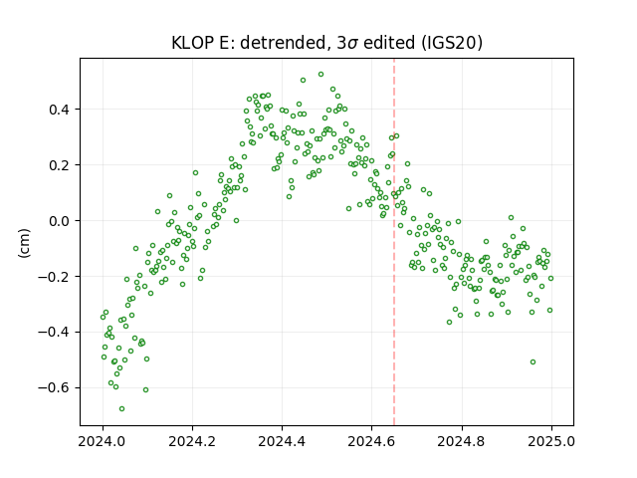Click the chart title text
pyautogui.click(x=326, y=43)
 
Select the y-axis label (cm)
pyautogui.click(x=24, y=243)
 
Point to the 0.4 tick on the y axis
pyautogui.click(x=60, y=110)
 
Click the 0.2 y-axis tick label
pyautogui.click(x=60, y=165)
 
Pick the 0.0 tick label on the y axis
pyautogui.click(x=60, y=221)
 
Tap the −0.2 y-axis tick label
pyautogui.click(x=55, y=277)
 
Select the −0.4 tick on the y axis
pyautogui.click(x=55, y=333)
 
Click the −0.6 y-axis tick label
pyautogui.click(x=55, y=388)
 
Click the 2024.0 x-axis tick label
pyautogui.click(x=103, y=441)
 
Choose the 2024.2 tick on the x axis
pyautogui.click(x=192, y=441)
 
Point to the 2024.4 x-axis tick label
pyautogui.click(x=282, y=441)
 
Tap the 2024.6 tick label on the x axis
pyautogui.click(x=371, y=441)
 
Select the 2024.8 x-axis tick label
pyautogui.click(x=462, y=441)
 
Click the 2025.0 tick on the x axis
pyautogui.click(x=551, y=441)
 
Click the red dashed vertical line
pyautogui.click(x=394, y=242)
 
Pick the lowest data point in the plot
pyautogui.click(x=121, y=408)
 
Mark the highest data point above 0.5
pyautogui.click(x=320, y=75)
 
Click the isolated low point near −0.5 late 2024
pyautogui.click(x=533, y=361)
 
